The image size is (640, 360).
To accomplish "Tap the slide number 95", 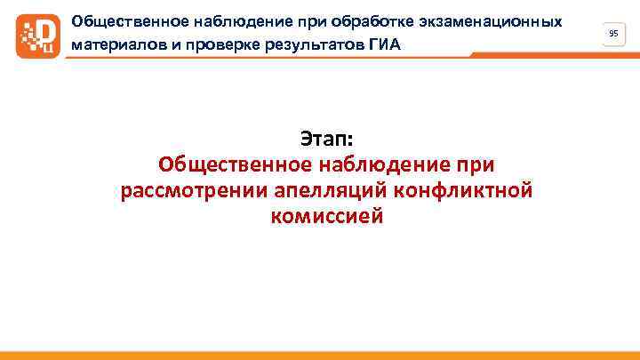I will coord(613,33).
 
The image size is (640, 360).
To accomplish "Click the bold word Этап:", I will coord(326,140).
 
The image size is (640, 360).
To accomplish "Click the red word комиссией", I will coord(326,216).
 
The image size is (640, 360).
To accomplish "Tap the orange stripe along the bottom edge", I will coord(320,356).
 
